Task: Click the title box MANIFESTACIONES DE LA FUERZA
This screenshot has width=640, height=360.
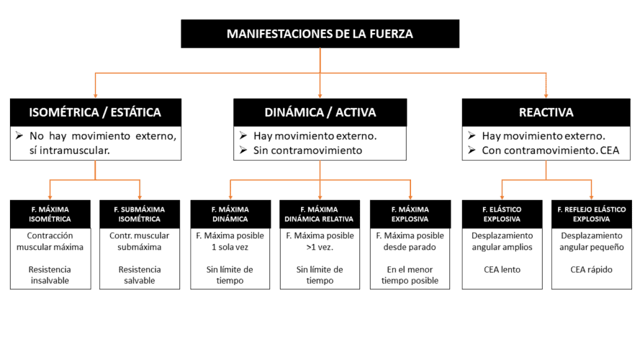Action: click(320, 34)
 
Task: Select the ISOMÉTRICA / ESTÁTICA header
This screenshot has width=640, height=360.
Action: click(95, 112)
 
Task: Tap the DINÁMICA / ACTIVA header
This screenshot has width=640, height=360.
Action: click(320, 112)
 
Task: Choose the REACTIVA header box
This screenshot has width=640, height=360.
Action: click(546, 112)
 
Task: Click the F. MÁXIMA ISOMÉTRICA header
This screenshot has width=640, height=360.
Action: click(50, 214)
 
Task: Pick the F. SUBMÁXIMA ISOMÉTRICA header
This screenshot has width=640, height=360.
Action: click(140, 214)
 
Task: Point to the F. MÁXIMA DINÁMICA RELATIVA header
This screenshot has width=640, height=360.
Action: click(320, 214)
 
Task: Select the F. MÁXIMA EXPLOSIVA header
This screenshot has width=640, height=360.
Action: click(410, 214)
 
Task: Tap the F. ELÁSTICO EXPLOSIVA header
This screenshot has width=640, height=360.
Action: click(502, 214)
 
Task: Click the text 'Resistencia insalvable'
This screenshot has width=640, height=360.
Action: click(50, 275)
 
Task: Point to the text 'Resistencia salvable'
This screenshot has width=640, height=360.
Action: click(140, 275)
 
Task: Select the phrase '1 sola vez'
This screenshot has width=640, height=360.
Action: click(230, 247)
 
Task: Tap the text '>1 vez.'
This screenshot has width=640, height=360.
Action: click(320, 247)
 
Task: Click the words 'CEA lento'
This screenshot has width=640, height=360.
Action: click(502, 270)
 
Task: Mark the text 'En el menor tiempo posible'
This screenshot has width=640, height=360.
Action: click(410, 275)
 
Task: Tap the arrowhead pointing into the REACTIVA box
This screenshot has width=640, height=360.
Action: click(546, 95)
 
